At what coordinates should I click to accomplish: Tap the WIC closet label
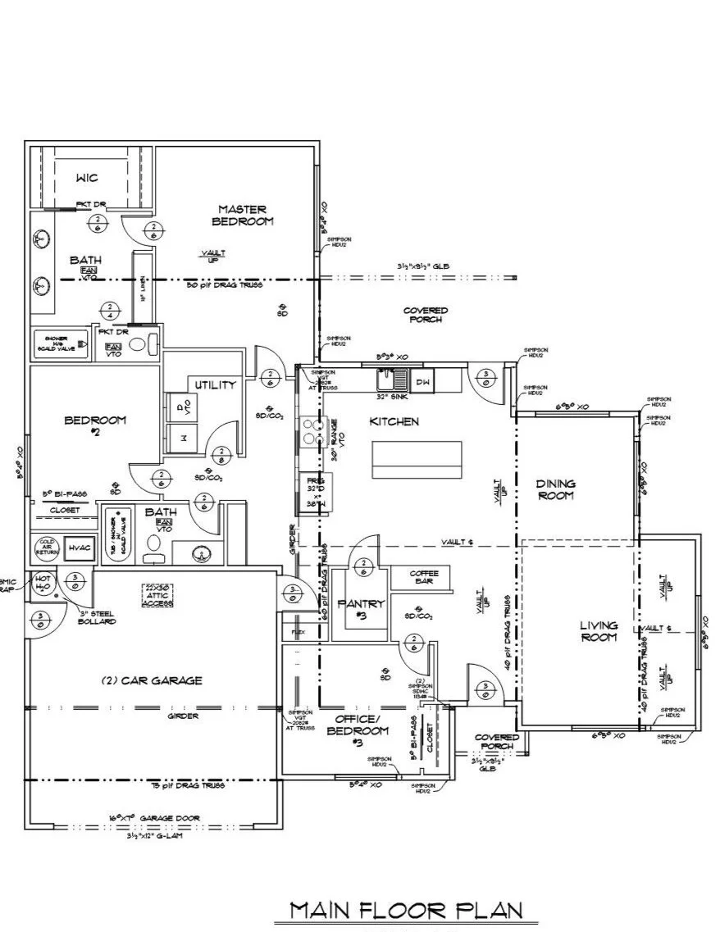pos(87,178)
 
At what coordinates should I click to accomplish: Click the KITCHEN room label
pos(394,421)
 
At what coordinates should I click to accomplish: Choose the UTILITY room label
pos(215,384)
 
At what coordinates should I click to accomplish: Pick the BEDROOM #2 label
pos(95,426)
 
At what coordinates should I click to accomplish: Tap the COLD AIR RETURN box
pos(45,547)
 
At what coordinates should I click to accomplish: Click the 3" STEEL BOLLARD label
pos(98,617)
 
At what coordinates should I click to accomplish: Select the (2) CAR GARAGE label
pos(152,680)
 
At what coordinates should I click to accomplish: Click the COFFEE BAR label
pos(423,578)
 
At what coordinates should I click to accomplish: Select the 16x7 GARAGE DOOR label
pos(154,817)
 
